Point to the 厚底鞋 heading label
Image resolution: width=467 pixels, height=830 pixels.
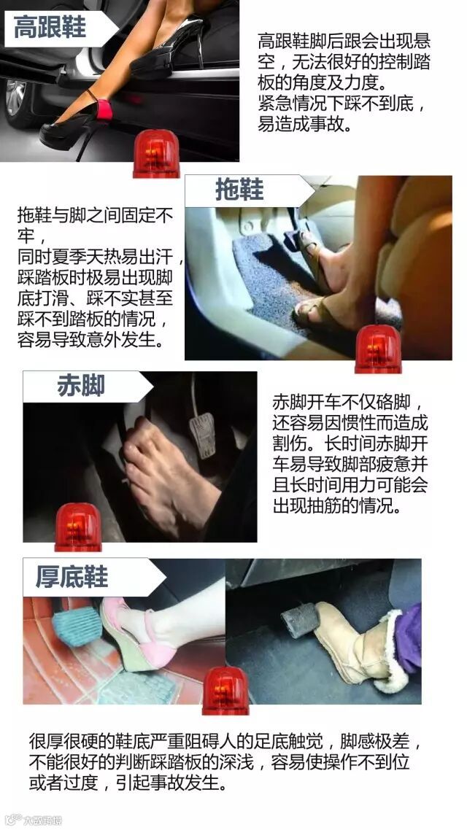72,576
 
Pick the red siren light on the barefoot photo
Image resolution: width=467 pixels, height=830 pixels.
78,527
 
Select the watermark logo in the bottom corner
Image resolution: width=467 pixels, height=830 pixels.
33,820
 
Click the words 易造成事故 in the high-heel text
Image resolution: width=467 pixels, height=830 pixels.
304,125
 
